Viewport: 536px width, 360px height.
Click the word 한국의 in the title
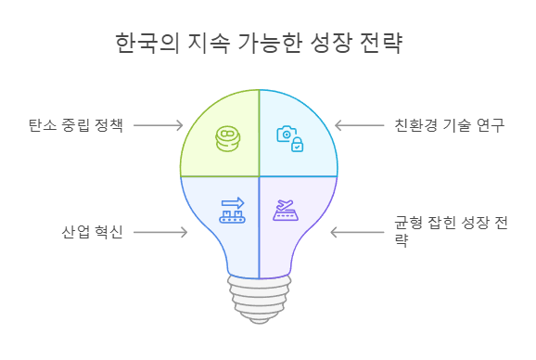147,44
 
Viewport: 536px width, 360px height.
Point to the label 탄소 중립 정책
76,124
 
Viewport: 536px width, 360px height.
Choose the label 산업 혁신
92,231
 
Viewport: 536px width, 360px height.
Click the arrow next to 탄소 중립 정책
159,124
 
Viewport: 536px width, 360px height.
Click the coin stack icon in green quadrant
228,137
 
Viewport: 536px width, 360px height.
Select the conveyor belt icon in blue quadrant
231,211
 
